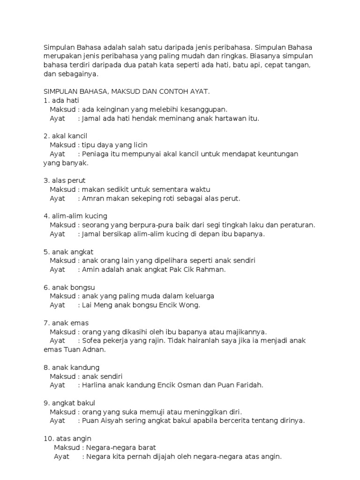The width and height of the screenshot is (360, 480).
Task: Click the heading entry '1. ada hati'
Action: coord(61,100)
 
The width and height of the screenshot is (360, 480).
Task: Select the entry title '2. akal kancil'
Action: coord(65,136)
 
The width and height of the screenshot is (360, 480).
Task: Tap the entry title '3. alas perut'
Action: coord(64,180)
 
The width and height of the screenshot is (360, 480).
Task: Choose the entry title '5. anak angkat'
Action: coord(68,252)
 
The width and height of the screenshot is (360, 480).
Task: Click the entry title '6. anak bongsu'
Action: coord(69,287)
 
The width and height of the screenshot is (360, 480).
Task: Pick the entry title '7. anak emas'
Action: coord(66,323)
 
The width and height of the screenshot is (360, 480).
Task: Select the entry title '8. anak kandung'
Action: coord(71,367)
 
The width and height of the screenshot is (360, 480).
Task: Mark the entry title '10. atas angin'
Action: coord(67,439)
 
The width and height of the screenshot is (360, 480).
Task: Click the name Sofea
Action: coord(92,341)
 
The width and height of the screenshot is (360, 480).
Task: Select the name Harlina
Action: coord(95,385)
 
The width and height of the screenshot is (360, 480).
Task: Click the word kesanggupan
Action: coord(204,109)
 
